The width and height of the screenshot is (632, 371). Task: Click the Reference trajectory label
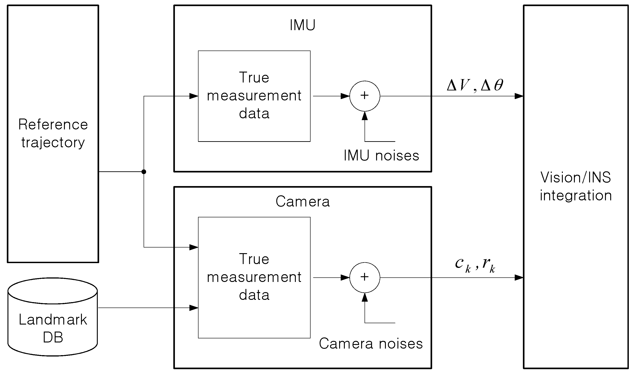click(x=53, y=133)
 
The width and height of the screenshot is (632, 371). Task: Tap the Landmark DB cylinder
click(x=53, y=317)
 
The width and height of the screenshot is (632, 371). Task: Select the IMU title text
click(x=302, y=25)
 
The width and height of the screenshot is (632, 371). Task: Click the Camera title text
click(x=302, y=201)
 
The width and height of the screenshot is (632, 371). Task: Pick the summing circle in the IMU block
click(x=365, y=96)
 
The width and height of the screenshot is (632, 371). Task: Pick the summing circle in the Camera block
click(x=365, y=277)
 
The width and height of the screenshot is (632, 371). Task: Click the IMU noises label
click(x=381, y=155)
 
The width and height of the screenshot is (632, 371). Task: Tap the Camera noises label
click(x=371, y=343)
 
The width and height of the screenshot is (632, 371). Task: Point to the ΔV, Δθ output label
click(x=475, y=85)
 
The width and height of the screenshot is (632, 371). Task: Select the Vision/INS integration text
click(x=576, y=186)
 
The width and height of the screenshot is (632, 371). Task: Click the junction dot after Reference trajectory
click(x=144, y=172)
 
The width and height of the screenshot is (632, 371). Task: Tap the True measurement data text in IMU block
click(x=254, y=95)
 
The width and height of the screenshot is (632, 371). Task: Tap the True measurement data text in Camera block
click(x=254, y=277)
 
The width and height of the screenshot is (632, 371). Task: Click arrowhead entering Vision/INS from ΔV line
click(x=519, y=96)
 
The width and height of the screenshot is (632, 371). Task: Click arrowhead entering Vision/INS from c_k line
click(x=519, y=278)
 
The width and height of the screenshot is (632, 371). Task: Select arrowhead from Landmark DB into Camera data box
click(x=194, y=308)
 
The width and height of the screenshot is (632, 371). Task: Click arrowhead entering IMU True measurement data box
click(x=194, y=96)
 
